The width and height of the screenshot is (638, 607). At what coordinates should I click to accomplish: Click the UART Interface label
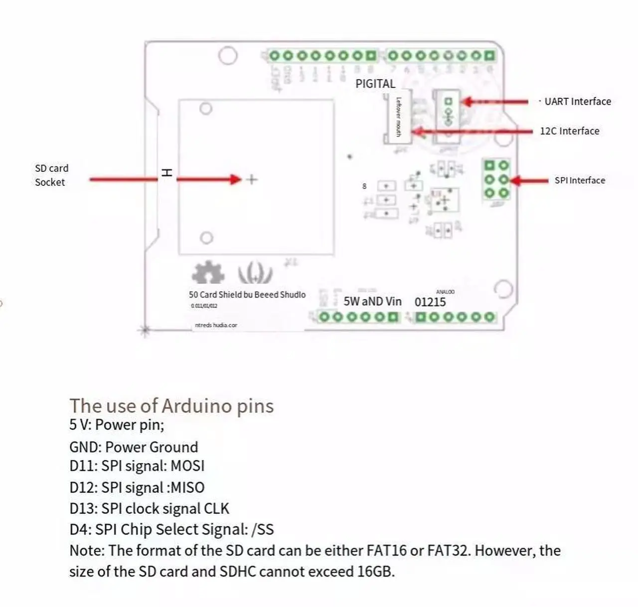[x=577, y=102]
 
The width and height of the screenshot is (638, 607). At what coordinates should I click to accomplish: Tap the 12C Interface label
[x=569, y=131]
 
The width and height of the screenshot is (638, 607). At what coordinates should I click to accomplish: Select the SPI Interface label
[x=580, y=180]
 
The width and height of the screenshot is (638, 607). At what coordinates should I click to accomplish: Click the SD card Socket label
[x=51, y=175]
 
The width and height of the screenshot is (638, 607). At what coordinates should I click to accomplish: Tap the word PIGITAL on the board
[x=375, y=84]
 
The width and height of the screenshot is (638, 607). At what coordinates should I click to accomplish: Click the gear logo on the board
[x=208, y=272]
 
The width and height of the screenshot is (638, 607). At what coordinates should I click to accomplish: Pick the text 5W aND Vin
[x=372, y=302]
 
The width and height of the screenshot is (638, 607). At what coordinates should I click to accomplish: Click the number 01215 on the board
[x=430, y=302]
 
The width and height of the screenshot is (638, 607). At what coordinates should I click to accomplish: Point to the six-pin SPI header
[x=496, y=179]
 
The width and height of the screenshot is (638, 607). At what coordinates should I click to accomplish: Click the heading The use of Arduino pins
[x=171, y=406]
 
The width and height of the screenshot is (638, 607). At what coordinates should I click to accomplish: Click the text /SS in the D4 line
[x=263, y=529]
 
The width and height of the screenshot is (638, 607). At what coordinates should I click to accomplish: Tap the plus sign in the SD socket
[x=252, y=179]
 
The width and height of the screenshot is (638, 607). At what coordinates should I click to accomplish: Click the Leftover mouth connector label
[x=398, y=117]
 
